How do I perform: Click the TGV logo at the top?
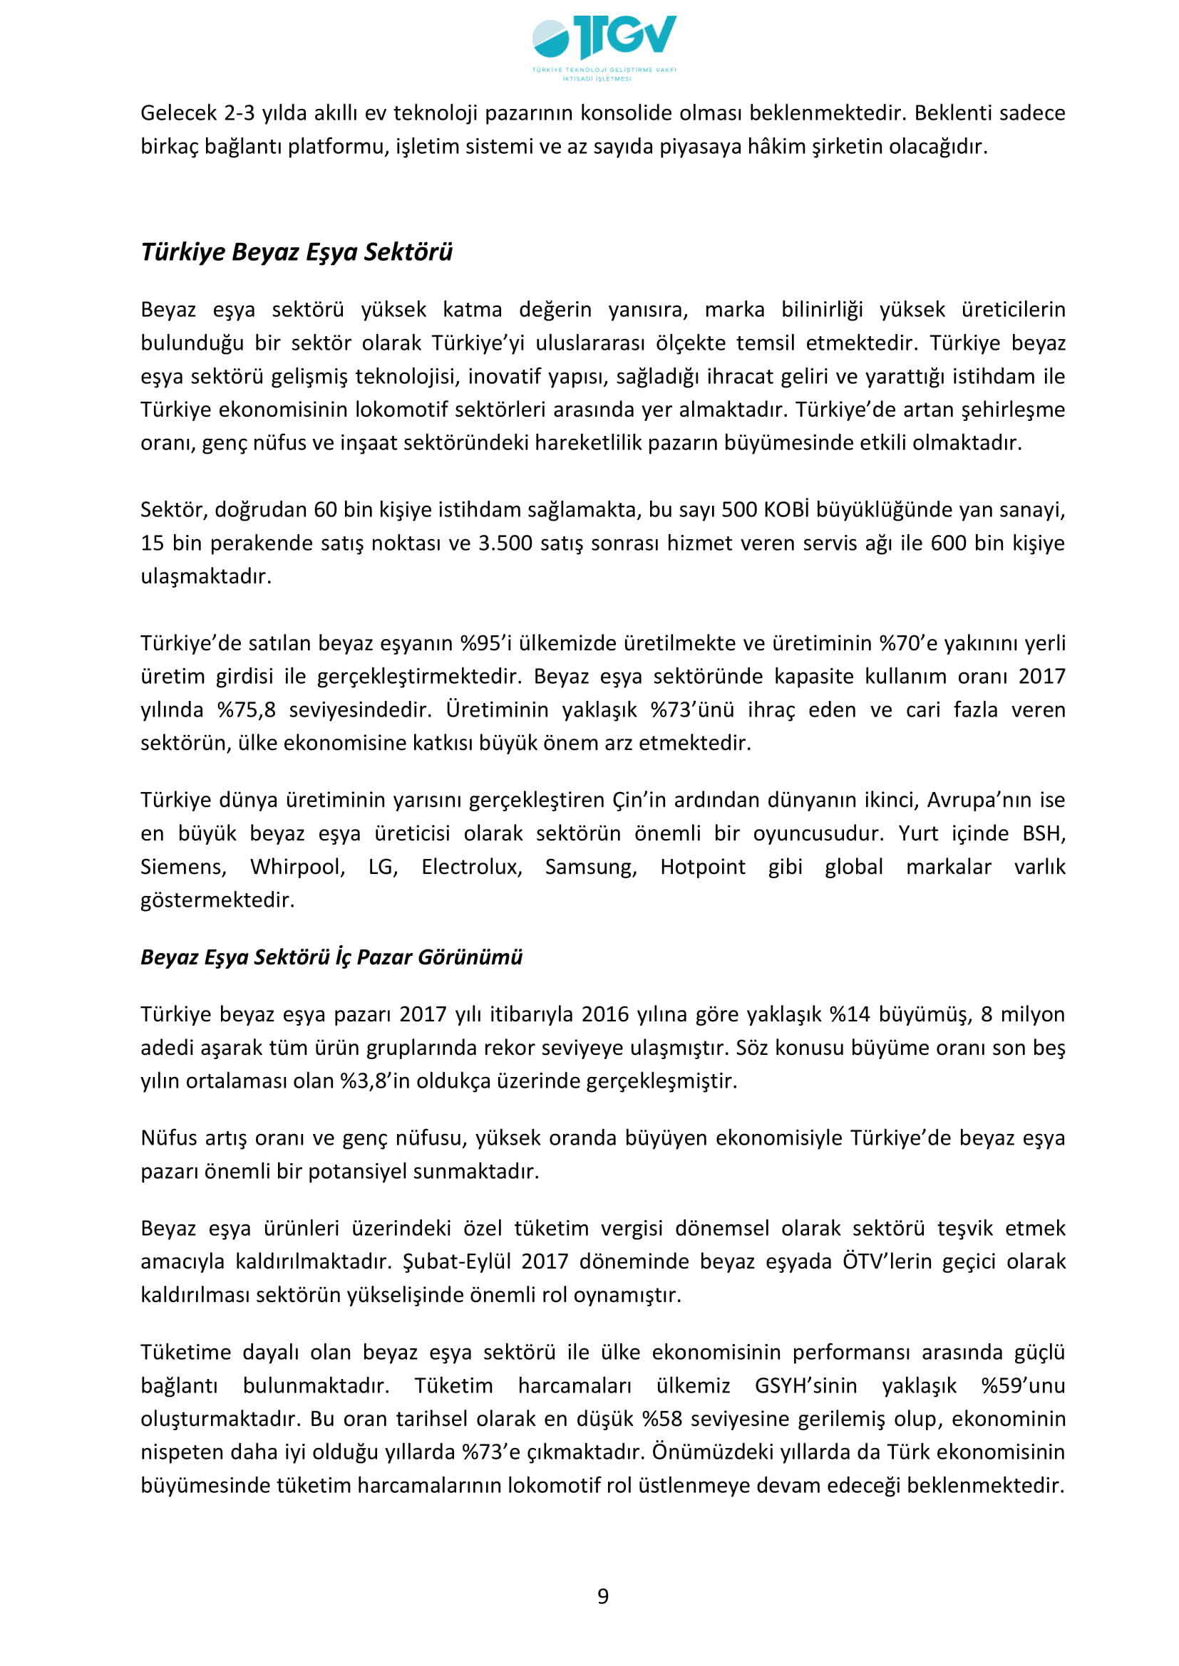(604, 45)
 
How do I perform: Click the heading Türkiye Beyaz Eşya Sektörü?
(297, 251)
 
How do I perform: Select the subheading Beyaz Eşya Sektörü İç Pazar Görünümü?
(331, 957)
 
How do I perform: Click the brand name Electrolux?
(471, 866)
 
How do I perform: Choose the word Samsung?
(591, 866)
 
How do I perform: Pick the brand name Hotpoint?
(702, 866)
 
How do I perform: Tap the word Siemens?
(183, 866)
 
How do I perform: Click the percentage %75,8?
(247, 709)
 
